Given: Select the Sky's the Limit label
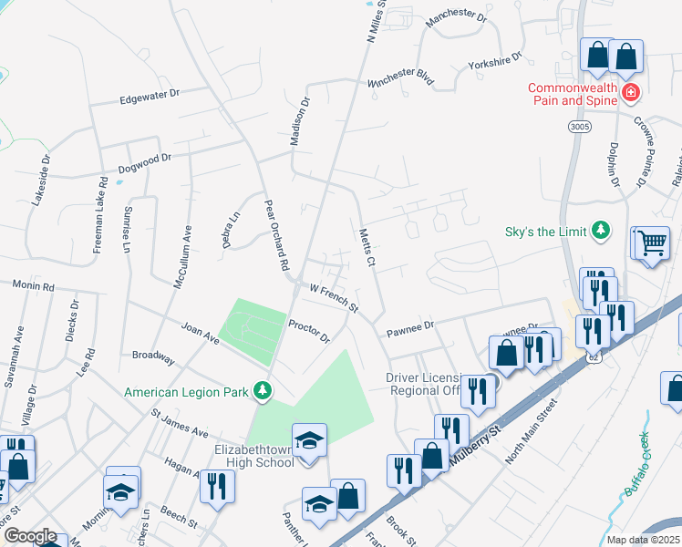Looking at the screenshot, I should point(545,232).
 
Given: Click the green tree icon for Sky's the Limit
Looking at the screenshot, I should point(600,231).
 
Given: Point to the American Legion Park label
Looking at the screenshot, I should point(188,391).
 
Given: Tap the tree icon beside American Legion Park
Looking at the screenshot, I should point(263,390).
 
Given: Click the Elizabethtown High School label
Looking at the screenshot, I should point(254,456).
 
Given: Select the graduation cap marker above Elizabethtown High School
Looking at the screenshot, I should point(309,440).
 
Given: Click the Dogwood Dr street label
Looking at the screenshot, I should point(145,162).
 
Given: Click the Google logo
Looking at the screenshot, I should point(30,536).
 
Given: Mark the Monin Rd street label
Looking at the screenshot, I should point(34,286).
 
